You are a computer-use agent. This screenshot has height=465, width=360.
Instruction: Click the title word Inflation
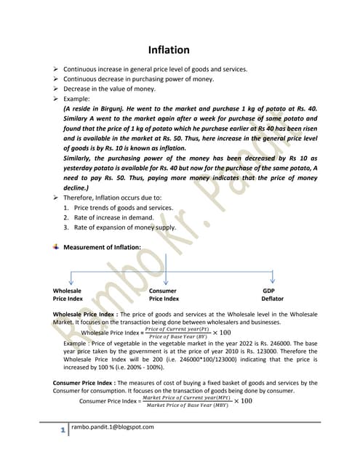[x=169, y=50]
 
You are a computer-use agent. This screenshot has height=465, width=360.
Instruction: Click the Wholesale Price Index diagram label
[x=68, y=294]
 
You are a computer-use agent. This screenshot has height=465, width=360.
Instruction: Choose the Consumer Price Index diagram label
[x=164, y=294]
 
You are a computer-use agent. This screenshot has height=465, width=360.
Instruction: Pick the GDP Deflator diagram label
[x=273, y=294]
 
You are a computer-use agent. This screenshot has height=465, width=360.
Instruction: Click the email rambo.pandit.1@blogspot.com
[x=113, y=427]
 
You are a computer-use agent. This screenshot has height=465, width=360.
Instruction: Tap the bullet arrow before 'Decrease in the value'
[x=56, y=88]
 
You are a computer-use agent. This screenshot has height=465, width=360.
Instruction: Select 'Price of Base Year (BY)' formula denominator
[x=178, y=336]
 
